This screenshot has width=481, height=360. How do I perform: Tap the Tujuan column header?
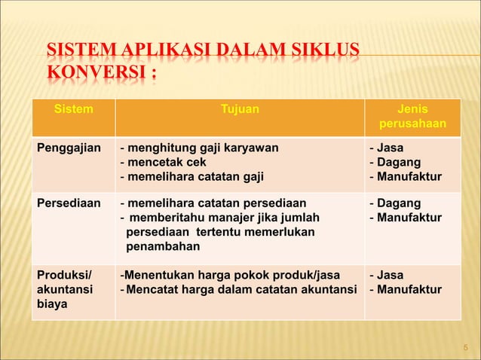point(239,109)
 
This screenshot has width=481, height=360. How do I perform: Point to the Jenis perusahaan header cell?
point(412,117)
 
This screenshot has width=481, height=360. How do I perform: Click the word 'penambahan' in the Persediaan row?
point(163,246)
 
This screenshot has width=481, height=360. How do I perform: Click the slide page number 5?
point(465,347)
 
